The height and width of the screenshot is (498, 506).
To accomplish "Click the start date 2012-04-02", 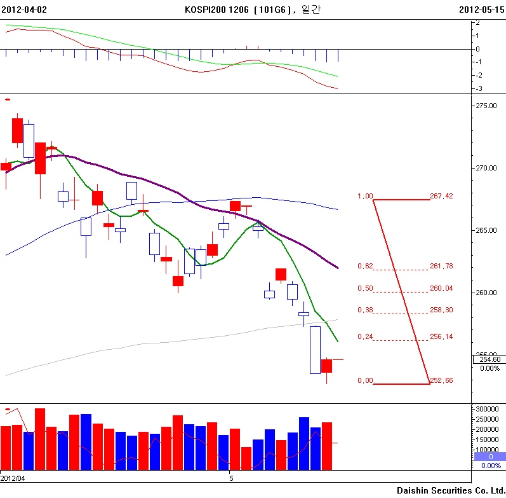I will (x=23, y=10).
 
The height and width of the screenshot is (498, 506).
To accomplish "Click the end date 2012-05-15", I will (x=481, y=10).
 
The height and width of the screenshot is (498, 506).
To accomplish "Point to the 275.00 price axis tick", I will (x=487, y=106).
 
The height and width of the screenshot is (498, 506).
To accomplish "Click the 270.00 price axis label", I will (x=487, y=168).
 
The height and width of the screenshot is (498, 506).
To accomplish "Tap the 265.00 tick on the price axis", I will (x=487, y=230).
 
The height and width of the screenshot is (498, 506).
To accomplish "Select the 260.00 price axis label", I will (x=487, y=293).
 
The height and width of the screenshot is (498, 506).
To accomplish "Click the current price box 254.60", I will (x=489, y=359).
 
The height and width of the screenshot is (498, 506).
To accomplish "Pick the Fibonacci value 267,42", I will (x=441, y=196).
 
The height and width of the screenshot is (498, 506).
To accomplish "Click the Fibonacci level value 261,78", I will (x=441, y=266).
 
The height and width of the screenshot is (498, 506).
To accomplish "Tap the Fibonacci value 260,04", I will (x=441, y=288).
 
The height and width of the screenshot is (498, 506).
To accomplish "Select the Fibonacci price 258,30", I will (x=441, y=310).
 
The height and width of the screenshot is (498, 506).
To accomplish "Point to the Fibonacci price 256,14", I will (x=441, y=336).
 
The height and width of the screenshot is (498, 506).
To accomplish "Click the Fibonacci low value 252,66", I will (x=441, y=380).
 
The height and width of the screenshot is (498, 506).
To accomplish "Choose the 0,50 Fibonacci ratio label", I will (x=365, y=288).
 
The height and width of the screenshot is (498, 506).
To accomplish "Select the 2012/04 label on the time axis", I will (x=13, y=478).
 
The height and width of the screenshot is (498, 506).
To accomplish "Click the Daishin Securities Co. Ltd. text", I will (x=451, y=490).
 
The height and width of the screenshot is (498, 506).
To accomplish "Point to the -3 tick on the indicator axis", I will (x=477, y=88).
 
